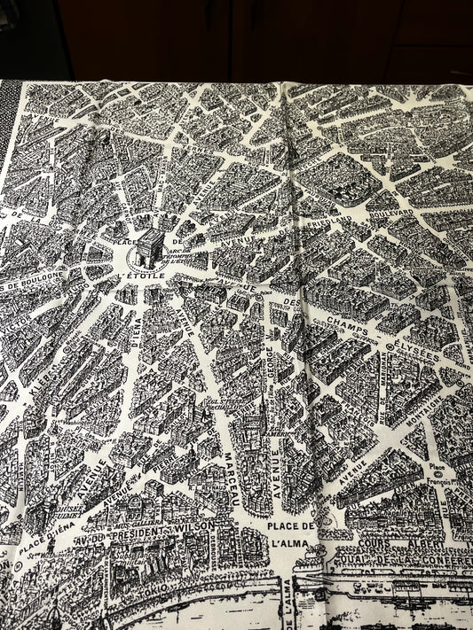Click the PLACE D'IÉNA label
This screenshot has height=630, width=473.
(x=44, y=537)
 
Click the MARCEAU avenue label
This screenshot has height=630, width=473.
(x=231, y=473)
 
